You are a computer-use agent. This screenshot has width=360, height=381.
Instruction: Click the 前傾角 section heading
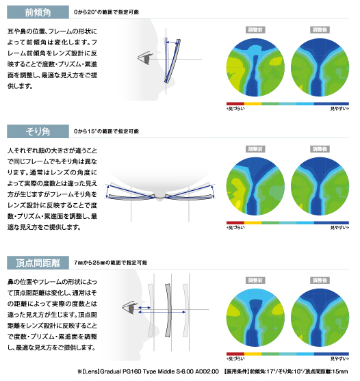coord(38,12)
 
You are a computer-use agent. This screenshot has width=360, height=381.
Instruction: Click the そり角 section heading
coord(38,131)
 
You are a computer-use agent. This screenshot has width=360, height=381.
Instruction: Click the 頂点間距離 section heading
coord(38,263)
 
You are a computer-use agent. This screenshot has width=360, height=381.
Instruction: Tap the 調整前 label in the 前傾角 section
coord(255,30)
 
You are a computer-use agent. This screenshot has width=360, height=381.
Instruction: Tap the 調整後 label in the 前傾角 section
coord(320,30)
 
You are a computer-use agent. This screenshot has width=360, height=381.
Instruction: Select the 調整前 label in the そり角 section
coord(255,149)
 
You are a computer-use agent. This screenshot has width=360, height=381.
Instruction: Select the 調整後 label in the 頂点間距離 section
coord(320,280)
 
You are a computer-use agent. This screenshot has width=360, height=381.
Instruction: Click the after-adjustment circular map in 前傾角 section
coord(320,67)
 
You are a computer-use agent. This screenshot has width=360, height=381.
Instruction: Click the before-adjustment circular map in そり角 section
coord(255,186)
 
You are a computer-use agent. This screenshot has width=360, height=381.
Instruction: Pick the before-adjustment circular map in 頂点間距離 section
coord(255,317)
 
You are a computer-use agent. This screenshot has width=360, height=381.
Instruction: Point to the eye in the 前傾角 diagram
coord(145,58)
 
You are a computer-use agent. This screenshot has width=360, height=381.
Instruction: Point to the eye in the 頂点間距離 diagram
coord(130,308)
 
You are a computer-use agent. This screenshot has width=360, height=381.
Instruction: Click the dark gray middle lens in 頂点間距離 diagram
coord(168,310)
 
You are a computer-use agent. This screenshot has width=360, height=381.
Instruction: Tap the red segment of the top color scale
coord(235,104)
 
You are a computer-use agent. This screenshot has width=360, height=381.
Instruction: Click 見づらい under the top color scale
coord(235,109)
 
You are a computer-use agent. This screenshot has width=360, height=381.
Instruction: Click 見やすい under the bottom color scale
coord(339,359)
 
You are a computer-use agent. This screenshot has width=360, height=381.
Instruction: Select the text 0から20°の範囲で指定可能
coord(106,12)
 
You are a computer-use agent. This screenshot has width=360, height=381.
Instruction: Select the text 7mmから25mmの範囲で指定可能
coord(111,263)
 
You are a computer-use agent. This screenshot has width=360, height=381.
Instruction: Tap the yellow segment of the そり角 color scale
coord(253,223)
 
